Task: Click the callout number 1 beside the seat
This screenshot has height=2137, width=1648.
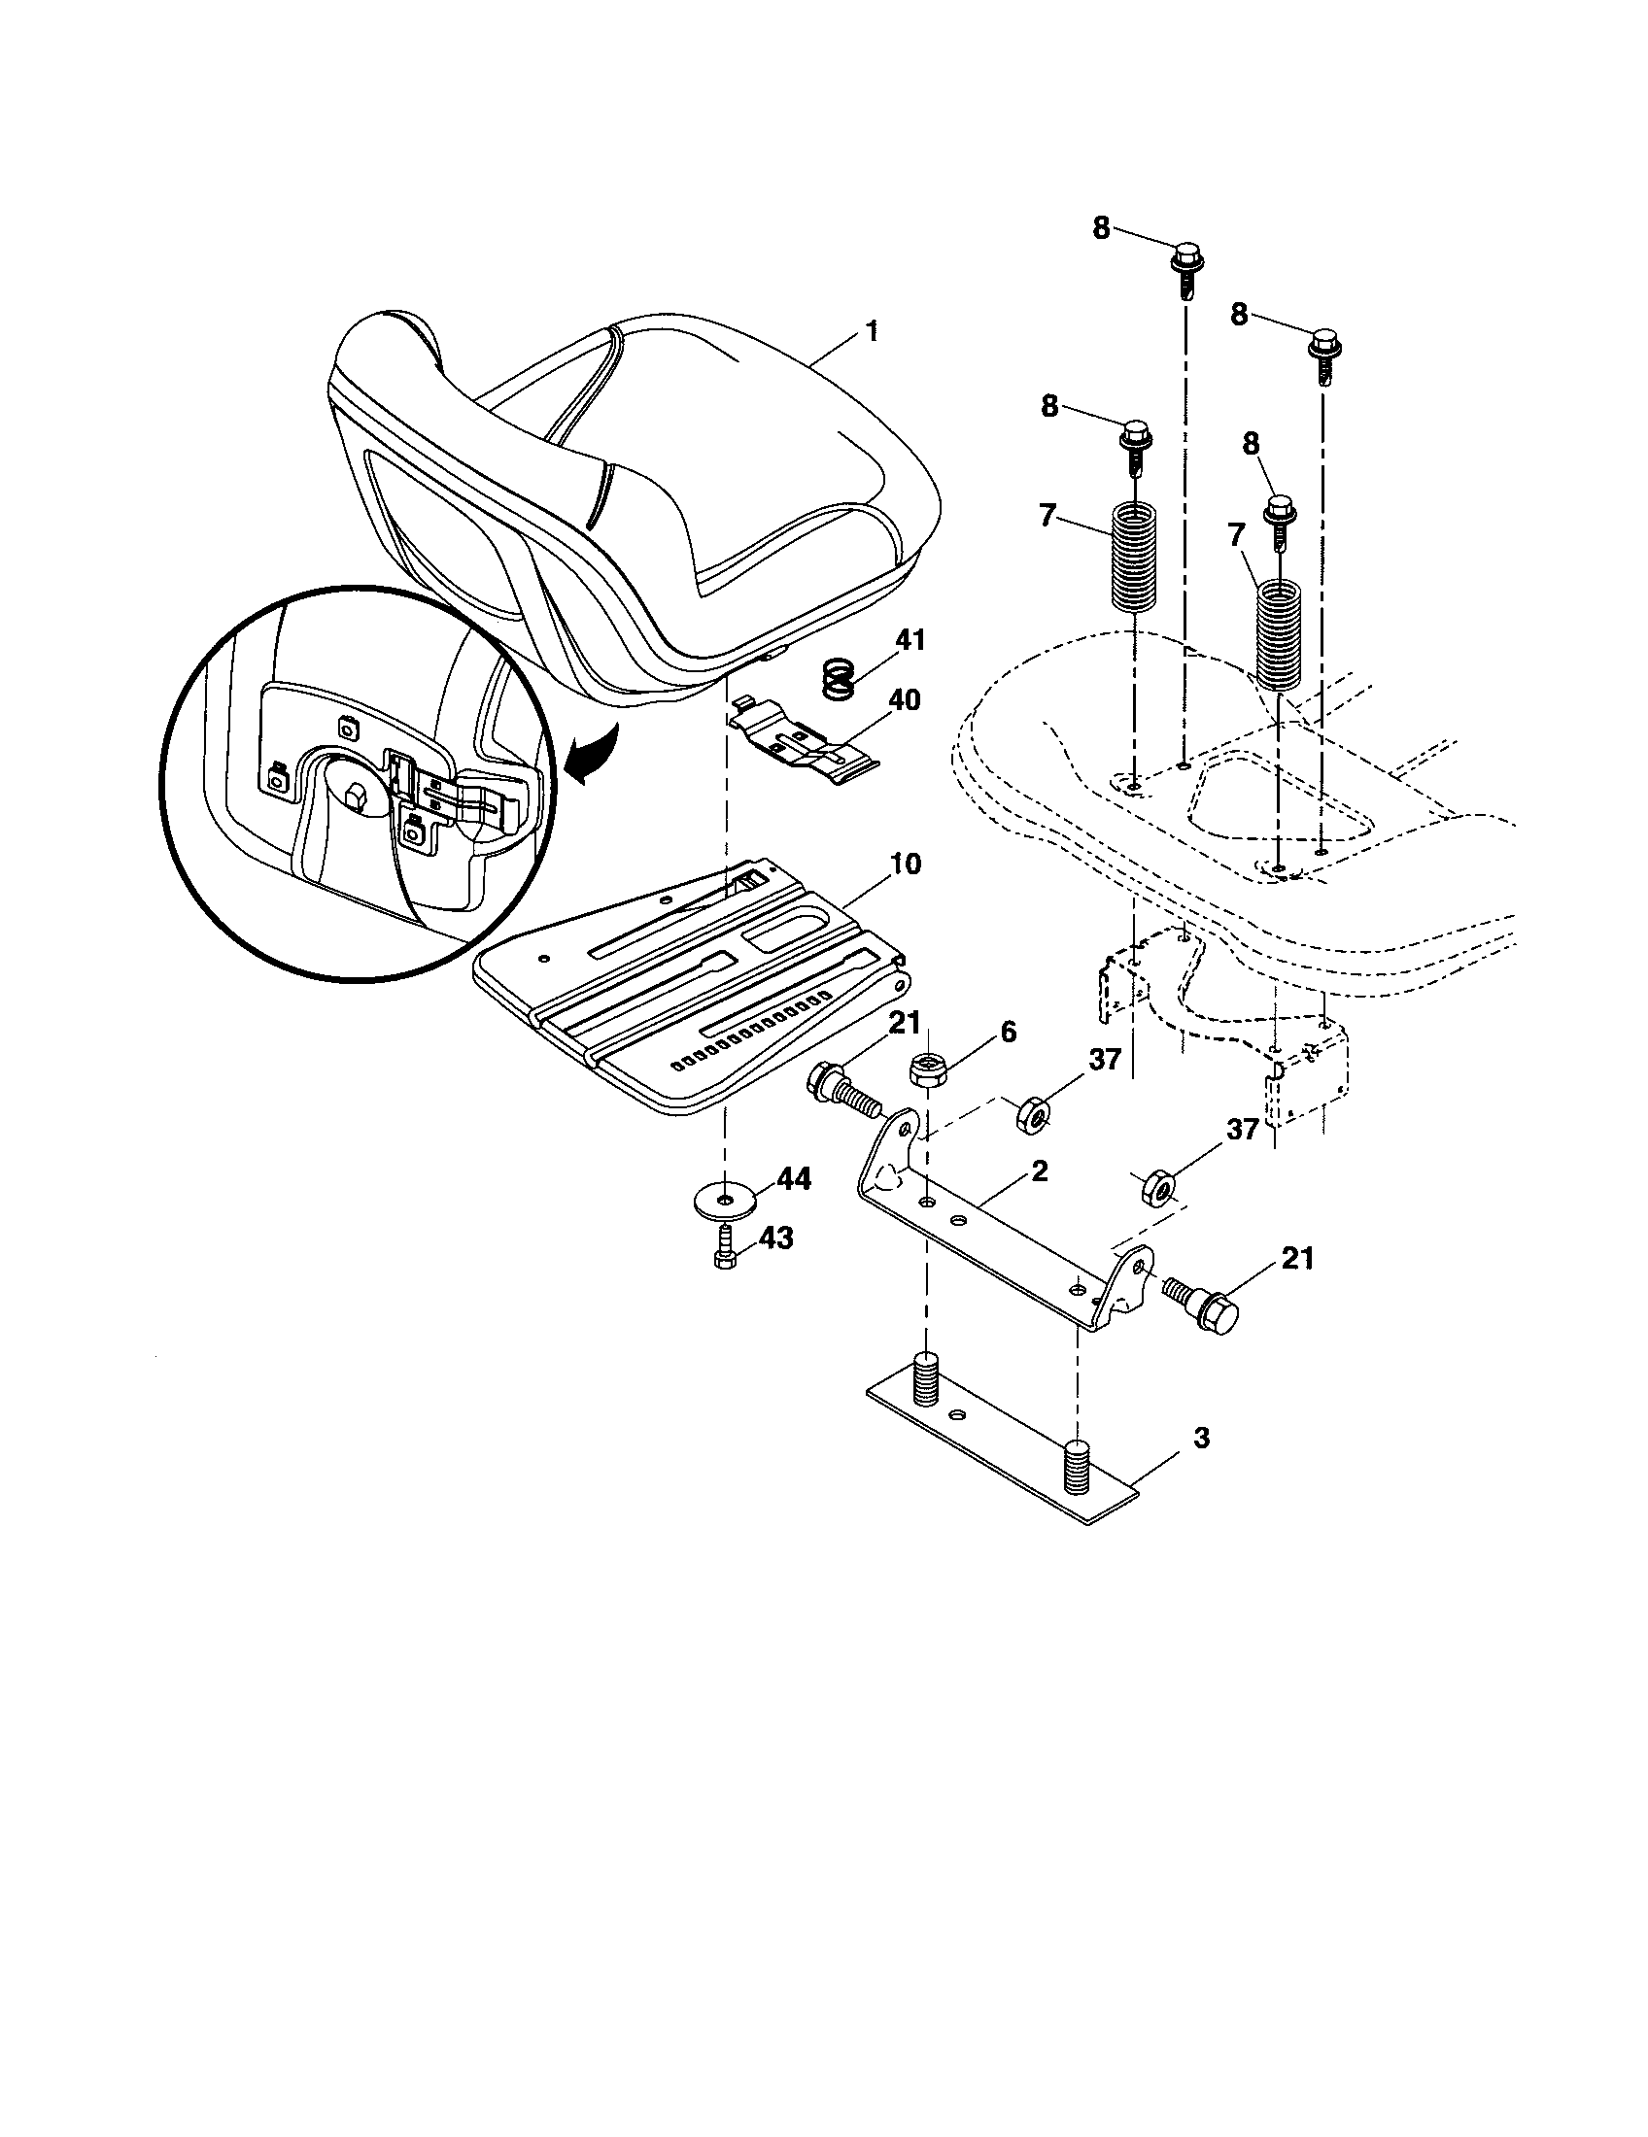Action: coord(871,331)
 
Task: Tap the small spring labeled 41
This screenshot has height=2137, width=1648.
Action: coord(838,677)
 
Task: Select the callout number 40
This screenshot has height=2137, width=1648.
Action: coord(905,700)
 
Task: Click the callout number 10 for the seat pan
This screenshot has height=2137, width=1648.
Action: coord(906,864)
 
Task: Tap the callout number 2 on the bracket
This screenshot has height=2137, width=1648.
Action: coord(1040,1171)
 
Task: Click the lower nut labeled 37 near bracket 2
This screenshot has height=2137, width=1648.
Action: coord(1158,1189)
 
